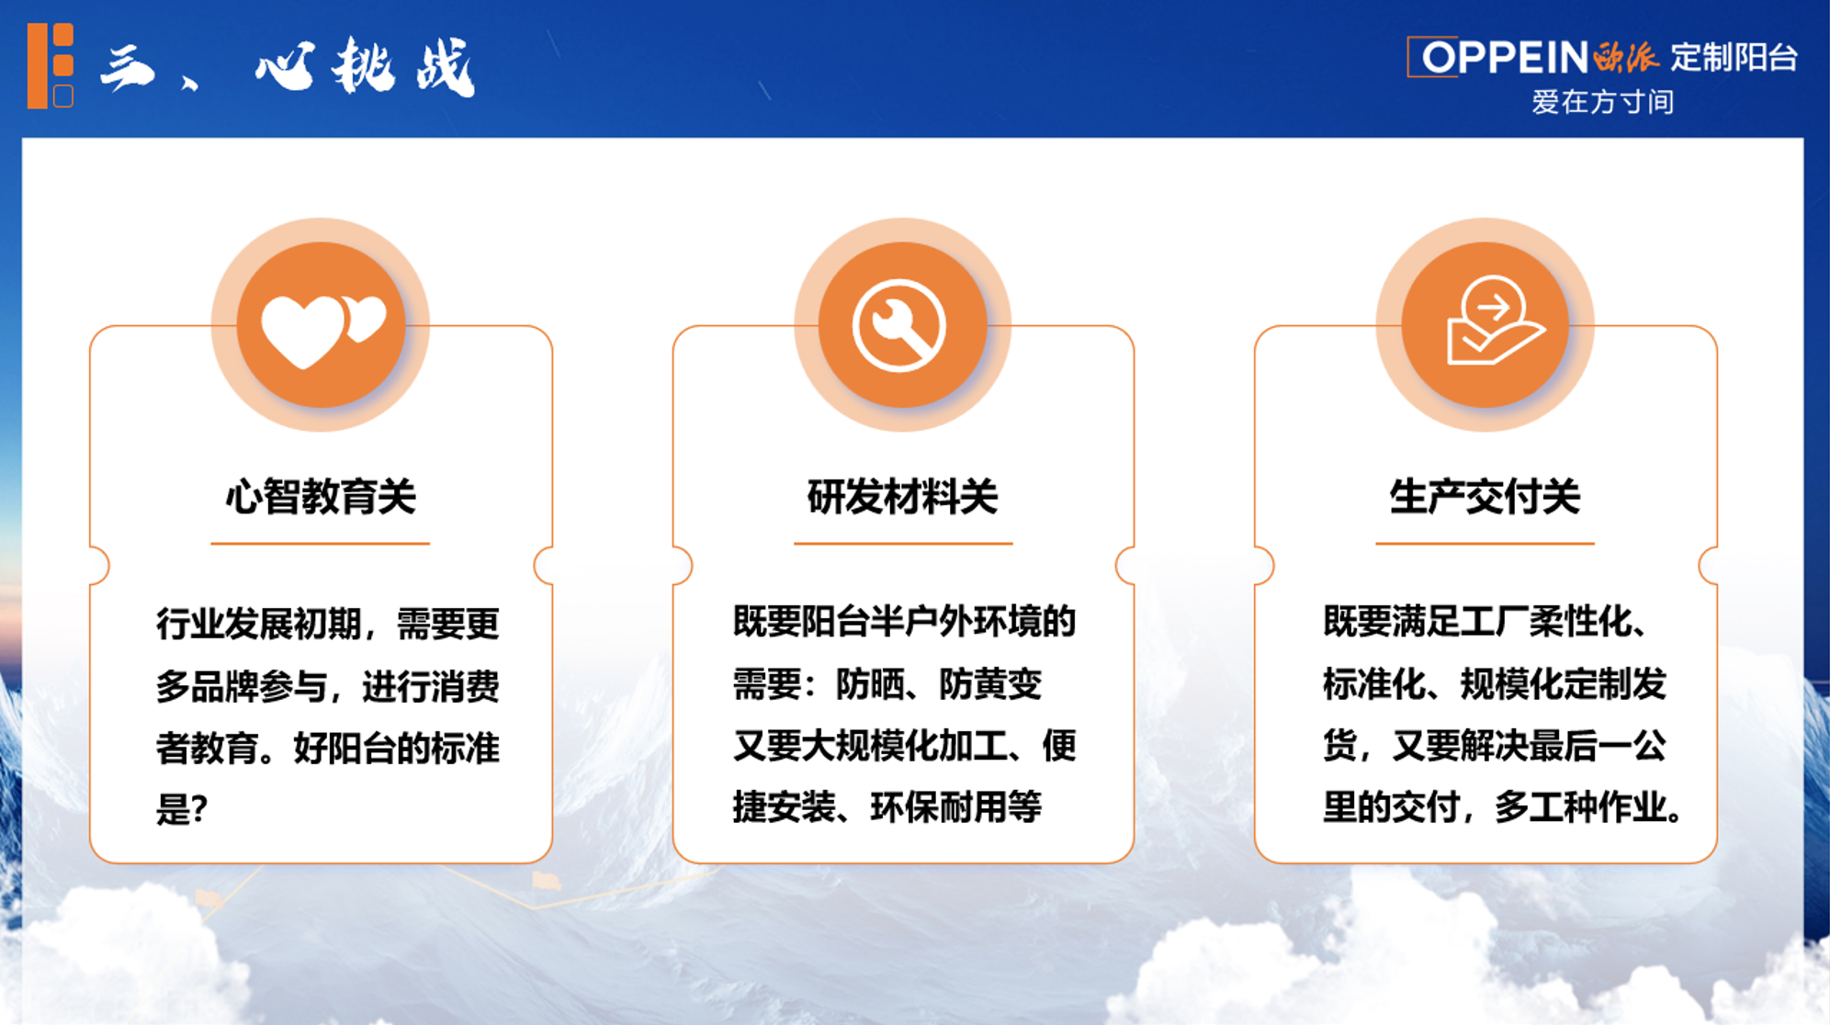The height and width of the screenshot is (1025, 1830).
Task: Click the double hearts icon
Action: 323,330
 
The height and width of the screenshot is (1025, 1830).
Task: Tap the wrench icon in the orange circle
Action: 899,325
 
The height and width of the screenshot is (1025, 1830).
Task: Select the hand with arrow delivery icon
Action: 1492,321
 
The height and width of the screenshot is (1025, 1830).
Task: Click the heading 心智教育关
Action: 321,497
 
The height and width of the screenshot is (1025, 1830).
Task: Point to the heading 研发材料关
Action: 902,497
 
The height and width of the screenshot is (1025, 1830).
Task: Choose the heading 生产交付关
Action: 1485,497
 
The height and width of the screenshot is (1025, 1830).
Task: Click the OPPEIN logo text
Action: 1505,57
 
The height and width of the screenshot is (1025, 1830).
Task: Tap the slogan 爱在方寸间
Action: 1602,102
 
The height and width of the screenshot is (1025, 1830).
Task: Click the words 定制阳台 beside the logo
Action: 1734,57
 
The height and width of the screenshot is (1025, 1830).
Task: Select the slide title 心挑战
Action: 365,67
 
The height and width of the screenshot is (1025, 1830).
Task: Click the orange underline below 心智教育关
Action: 320,544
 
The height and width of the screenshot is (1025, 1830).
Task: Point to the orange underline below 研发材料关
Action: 903,544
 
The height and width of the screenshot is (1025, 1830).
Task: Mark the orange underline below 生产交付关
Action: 1485,544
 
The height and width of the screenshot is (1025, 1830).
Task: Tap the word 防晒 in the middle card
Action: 870,684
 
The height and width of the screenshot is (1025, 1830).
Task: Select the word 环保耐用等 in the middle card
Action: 955,807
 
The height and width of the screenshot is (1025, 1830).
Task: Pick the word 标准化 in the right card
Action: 1374,684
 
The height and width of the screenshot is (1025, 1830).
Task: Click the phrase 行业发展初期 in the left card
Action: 259,625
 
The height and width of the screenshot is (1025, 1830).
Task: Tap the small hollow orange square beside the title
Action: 63,96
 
